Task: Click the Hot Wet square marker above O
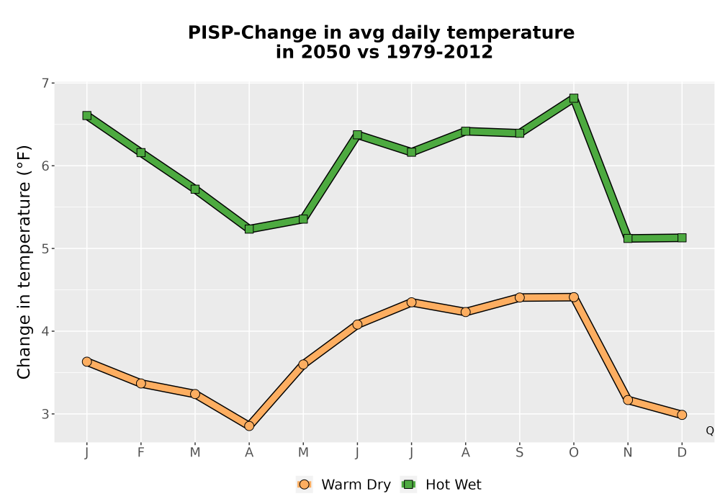pyautogui.click(x=574, y=98)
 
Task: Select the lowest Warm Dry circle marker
pyautogui.click(x=249, y=426)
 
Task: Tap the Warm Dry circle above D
pyautogui.click(x=682, y=415)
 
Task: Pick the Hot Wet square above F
pyautogui.click(x=141, y=153)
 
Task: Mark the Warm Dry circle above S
pyautogui.click(x=519, y=297)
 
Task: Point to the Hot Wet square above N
pyautogui.click(x=628, y=239)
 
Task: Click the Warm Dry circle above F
pyautogui.click(x=141, y=383)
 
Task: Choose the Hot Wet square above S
pyautogui.click(x=519, y=133)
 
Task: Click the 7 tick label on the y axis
pyautogui.click(x=45, y=83)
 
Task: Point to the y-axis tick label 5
pyautogui.click(x=45, y=249)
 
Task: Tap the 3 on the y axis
pyautogui.click(x=45, y=414)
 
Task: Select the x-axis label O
pyautogui.click(x=574, y=453)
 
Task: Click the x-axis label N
pyautogui.click(x=628, y=453)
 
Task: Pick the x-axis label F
pyautogui.click(x=141, y=453)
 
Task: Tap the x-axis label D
pyautogui.click(x=682, y=453)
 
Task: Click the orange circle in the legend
pyautogui.click(x=304, y=485)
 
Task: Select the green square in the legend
pyautogui.click(x=408, y=485)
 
